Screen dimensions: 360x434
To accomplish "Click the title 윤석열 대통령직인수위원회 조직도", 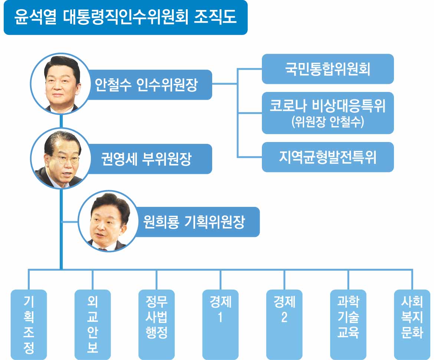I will (x=125, y=17).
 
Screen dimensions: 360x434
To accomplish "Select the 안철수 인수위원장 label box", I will (x=147, y=85).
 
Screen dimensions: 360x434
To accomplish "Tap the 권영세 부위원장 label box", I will (x=147, y=159).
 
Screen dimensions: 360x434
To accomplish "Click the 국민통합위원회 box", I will (x=328, y=69).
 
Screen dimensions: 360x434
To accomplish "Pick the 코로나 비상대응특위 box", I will (x=328, y=113).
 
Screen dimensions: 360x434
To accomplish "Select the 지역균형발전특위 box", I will (x=328, y=157).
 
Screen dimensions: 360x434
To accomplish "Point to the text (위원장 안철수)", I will (x=328, y=122).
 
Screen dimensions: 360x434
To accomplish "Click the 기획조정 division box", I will (x=29, y=324).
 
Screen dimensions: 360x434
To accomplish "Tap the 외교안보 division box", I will (x=93, y=324).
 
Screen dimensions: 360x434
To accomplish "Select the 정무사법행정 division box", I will (x=157, y=324).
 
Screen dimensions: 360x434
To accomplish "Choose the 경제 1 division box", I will (x=220, y=324).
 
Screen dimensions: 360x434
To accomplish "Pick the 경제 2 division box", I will (x=284, y=324).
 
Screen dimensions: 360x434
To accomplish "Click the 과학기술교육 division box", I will (x=348, y=324).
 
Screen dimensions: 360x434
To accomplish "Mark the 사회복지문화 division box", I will (x=412, y=324).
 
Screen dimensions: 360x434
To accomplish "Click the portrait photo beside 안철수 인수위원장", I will (x=60, y=83).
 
